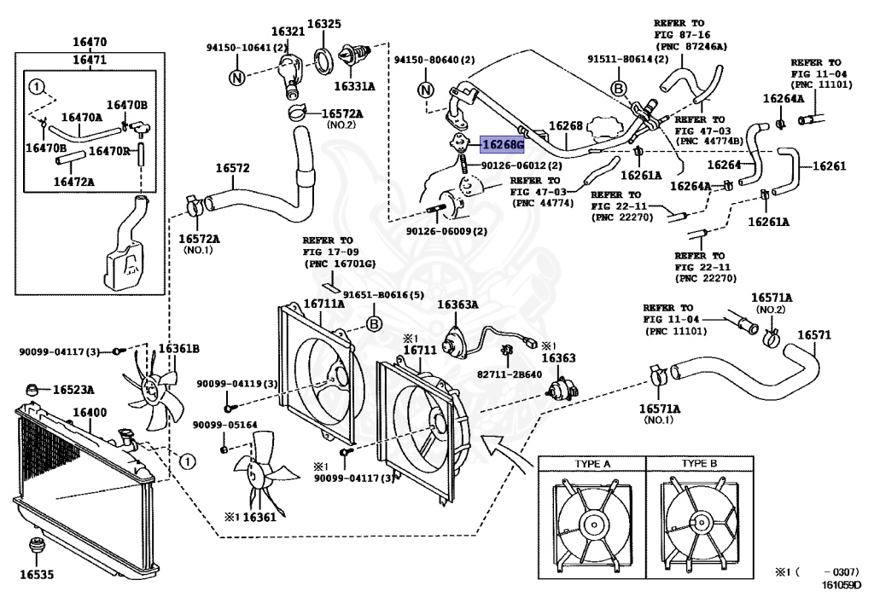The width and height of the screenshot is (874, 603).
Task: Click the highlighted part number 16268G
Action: click(x=504, y=144)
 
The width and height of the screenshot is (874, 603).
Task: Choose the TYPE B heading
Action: click(x=700, y=464)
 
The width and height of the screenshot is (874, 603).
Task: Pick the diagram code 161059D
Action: click(x=842, y=585)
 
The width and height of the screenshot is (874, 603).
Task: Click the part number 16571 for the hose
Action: click(x=813, y=334)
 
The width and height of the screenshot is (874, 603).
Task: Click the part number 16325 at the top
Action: click(x=323, y=24)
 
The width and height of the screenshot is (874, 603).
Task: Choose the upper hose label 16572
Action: click(x=232, y=168)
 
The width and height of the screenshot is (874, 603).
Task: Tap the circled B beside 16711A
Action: click(x=373, y=323)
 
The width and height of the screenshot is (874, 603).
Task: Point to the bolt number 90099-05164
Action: click(x=224, y=425)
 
